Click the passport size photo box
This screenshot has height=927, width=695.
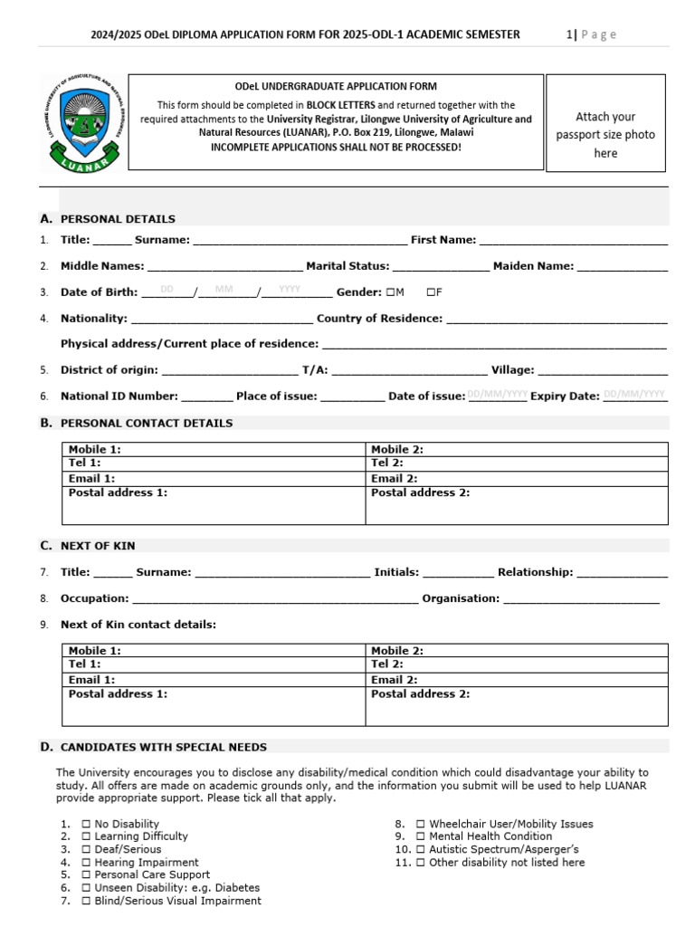[605, 124]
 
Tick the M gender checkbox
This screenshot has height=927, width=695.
[389, 292]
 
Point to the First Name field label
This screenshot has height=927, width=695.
[443, 240]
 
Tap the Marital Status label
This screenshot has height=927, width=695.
[347, 266]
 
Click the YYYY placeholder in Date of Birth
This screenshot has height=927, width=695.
[290, 290]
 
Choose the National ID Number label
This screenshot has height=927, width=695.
[119, 397]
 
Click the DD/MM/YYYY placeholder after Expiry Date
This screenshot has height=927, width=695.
[634, 395]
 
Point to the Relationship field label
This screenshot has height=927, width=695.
[535, 572]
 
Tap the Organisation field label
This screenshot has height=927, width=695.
[461, 598]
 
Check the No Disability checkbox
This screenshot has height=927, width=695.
[86, 825]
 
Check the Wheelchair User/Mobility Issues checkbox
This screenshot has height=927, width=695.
[421, 825]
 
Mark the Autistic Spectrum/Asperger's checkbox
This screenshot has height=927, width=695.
[421, 850]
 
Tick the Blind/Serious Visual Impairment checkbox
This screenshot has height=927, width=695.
[86, 901]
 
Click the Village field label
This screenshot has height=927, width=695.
[512, 370]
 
